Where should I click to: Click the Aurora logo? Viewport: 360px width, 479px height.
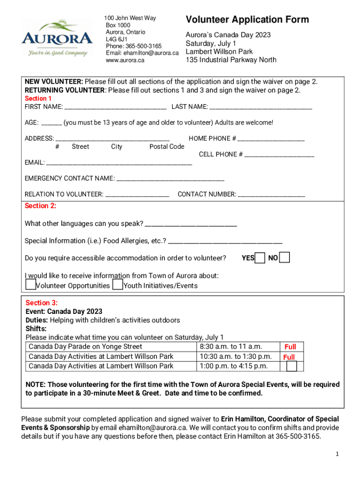(57, 38)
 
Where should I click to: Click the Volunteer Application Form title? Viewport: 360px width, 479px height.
(247, 20)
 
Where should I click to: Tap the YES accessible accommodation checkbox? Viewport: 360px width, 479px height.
(260, 258)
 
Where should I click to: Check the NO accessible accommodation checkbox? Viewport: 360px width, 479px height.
(284, 258)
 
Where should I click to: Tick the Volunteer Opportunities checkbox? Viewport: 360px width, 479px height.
(30, 284)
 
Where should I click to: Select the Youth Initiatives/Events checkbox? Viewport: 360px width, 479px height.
(118, 284)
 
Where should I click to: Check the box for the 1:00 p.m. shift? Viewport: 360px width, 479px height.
(291, 366)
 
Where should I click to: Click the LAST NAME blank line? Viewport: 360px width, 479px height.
(260, 108)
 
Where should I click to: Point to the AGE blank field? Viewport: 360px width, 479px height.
(51, 123)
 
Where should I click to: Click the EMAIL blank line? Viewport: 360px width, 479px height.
(119, 163)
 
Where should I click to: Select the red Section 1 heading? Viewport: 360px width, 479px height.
(38, 99)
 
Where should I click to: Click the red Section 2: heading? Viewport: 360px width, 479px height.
(40, 206)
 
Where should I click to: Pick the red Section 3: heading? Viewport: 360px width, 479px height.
(42, 303)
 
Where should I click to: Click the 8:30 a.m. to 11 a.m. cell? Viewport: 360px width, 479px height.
(230, 347)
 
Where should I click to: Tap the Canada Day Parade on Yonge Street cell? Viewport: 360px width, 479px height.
(86, 347)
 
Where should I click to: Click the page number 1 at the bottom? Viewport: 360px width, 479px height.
(337, 454)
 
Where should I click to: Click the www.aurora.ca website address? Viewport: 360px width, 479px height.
(125, 60)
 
